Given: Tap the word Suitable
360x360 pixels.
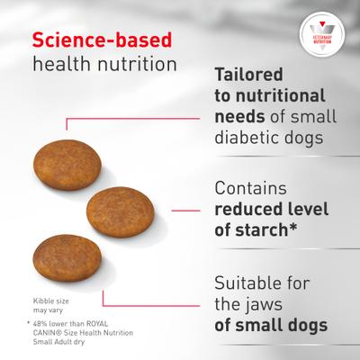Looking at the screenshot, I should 249,281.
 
